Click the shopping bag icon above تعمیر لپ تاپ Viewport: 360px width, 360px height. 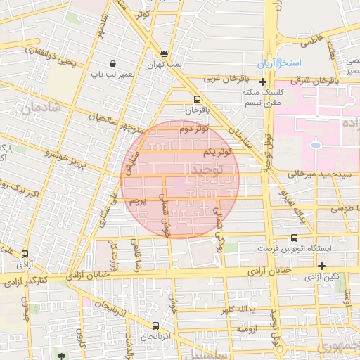pos(113,63)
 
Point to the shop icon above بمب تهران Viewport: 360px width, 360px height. pos(165,53)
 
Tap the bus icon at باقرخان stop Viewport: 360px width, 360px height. pos(196,99)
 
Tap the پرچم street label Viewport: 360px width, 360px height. pos(141,201)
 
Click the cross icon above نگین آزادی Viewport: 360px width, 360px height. pos(321,266)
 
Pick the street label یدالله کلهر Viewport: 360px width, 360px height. pos(236,310)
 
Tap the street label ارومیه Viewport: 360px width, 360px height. pos(250,328)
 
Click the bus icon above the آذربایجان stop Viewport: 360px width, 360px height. pos(155,326)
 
